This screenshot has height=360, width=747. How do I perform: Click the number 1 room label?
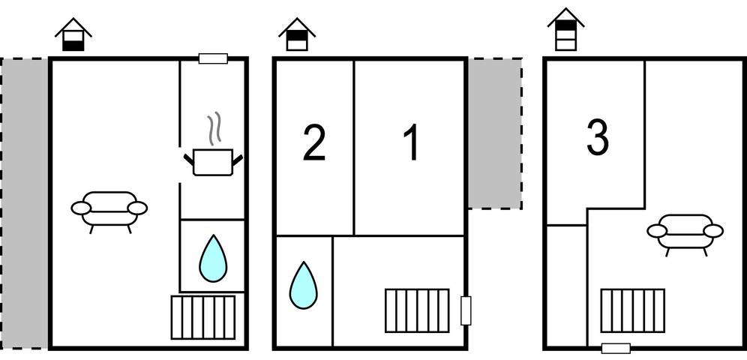pos(411,145)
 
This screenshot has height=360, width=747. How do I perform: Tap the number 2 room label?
pos(314,145)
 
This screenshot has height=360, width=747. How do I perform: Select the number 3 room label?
pos(597,139)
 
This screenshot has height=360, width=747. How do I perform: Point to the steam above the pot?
pos(215,129)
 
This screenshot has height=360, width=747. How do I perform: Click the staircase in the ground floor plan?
pos(202,316)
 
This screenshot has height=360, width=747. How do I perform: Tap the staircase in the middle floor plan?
pos(417,310)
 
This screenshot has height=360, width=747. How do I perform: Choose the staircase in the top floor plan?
pos(632,310)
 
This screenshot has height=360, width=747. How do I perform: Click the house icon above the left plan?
pos(73,35)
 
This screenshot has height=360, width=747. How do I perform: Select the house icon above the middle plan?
pos(297,35)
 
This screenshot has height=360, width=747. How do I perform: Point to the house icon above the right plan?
pos(565,30)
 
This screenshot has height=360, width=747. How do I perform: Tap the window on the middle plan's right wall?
pos(466,310)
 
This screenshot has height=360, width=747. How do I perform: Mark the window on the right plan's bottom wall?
pos(616,347)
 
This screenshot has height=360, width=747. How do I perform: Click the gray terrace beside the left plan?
pos(25,202)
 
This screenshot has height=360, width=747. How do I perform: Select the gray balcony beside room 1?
pos(494,133)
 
